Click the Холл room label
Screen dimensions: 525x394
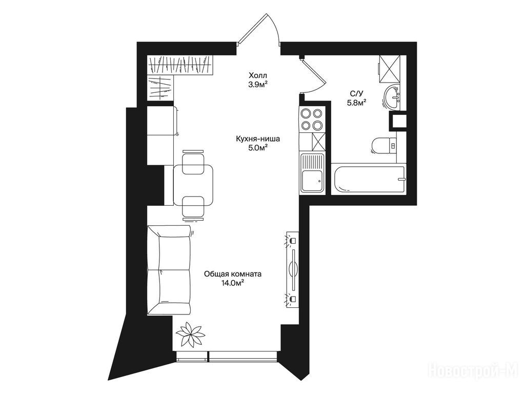(x=258, y=75)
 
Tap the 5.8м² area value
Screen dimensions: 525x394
(x=356, y=103)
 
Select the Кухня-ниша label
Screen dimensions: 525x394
(x=258, y=139)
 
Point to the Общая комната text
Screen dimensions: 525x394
(x=233, y=274)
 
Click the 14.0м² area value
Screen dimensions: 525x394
(x=232, y=283)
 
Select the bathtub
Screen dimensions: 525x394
(x=368, y=180)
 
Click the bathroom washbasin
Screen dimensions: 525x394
(x=391, y=97)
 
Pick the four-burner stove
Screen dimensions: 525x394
(x=312, y=119)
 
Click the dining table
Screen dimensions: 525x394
(x=193, y=185)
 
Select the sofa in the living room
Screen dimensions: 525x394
(x=169, y=270)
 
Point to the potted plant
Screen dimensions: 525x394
(x=190, y=334)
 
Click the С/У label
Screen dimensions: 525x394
(x=356, y=94)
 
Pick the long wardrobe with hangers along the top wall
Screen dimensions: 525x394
(x=180, y=65)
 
